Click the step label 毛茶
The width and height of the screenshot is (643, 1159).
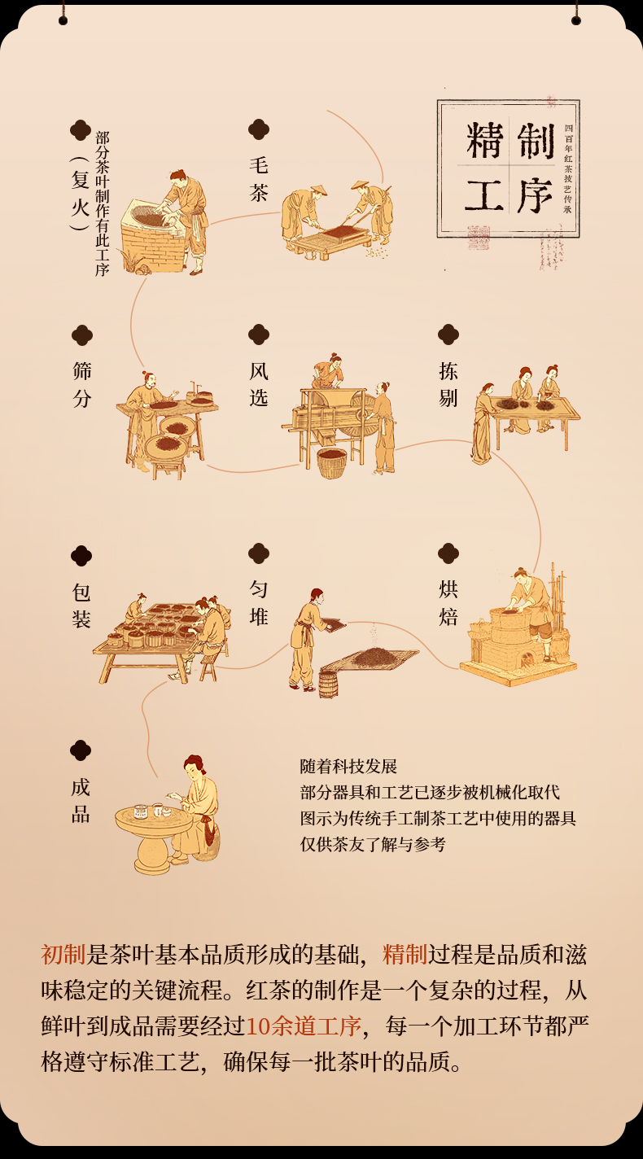point(259,178)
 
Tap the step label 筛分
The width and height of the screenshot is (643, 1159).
point(81,384)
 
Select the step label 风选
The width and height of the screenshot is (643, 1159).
point(259,384)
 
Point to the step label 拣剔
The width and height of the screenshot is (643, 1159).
point(448,384)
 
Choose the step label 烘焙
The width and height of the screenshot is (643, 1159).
point(448,602)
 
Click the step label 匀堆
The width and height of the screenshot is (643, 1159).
point(259,602)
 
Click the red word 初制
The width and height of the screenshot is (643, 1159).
point(63,954)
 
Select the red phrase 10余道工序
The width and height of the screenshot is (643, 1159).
point(303,1026)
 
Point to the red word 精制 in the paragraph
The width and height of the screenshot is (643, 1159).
point(405,954)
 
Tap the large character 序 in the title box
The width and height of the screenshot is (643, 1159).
point(534,196)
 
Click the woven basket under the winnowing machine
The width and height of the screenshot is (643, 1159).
point(331,462)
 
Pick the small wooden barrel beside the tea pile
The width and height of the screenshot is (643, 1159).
point(327,683)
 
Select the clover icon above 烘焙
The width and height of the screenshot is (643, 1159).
point(448,553)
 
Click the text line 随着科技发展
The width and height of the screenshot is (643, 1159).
point(348,767)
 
